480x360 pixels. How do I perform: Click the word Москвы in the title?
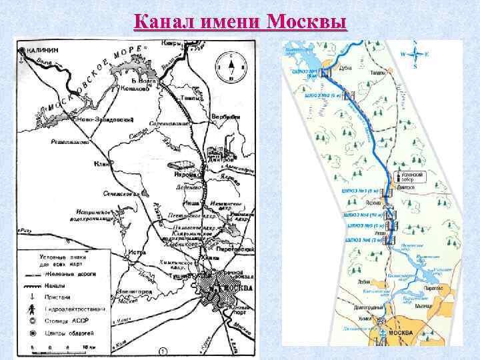click(x=306, y=21)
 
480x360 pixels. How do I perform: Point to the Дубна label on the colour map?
click(x=346, y=66)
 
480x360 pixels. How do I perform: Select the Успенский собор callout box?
click(x=411, y=176)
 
